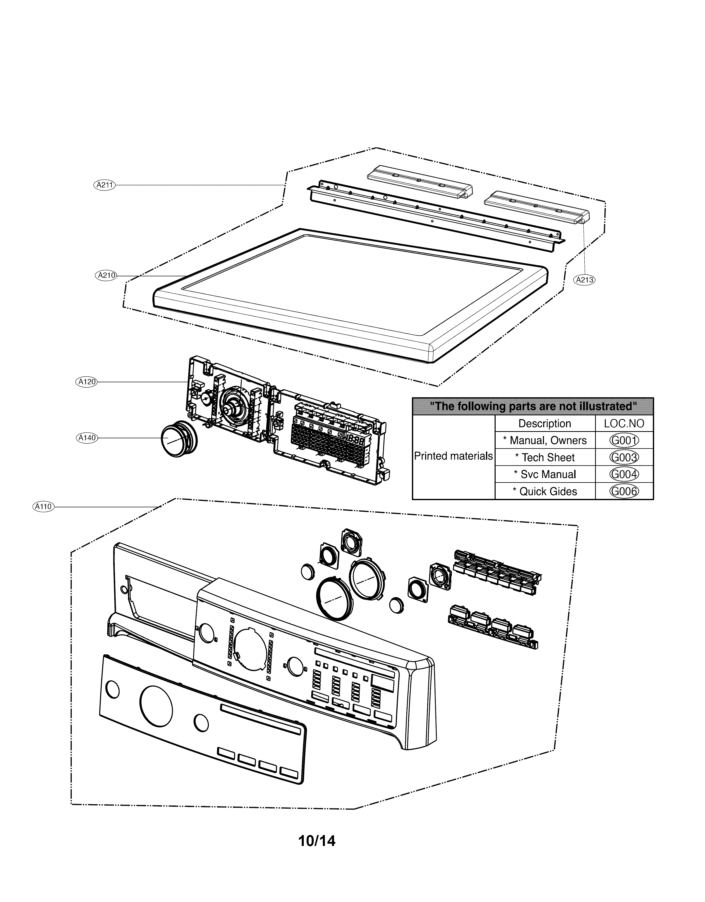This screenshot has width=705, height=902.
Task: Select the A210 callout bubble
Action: coord(106,275)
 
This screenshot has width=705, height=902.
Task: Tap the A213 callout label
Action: coord(584,280)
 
